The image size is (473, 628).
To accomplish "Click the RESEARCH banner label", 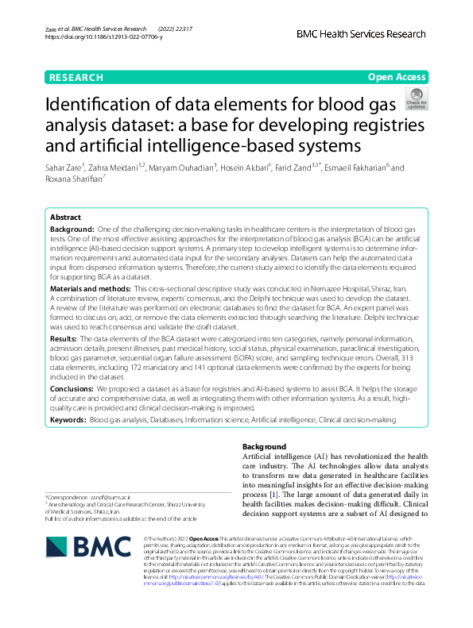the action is click(x=76, y=77).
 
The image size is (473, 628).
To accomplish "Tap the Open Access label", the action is click(x=397, y=77).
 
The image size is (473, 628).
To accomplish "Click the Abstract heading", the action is click(x=65, y=217).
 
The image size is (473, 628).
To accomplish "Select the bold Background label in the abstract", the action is click(x=72, y=229).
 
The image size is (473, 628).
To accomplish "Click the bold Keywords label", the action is click(x=68, y=418).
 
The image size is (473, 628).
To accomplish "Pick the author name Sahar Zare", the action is click(x=64, y=168).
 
